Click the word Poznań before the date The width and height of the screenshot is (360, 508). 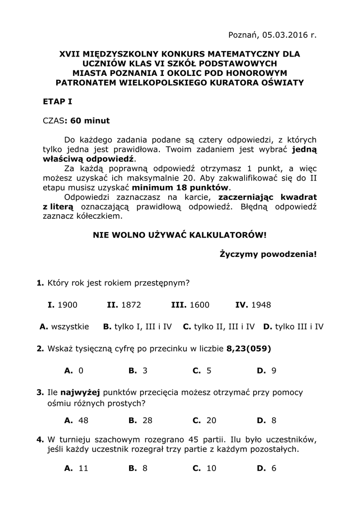tap(242, 35)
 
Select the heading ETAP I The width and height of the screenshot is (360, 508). tap(58, 102)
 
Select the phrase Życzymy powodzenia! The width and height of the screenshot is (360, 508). tap(268, 254)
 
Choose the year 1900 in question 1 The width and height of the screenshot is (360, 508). tap(68, 305)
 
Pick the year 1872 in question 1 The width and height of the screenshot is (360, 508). tap(131, 305)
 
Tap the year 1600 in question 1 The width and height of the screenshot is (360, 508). tap(199, 305)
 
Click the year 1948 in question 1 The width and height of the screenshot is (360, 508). tap(261, 305)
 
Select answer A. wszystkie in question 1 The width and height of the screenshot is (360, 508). tap(64, 326)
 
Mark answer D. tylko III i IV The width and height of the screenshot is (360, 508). tap(293, 326)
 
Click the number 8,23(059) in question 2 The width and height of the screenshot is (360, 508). tap(249, 348)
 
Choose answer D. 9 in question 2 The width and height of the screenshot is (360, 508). tap(266, 370)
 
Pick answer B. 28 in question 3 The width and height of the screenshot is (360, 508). tap(141, 420)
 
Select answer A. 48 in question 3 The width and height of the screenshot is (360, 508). tap(76, 420)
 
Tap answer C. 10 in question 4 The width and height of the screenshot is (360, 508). tap(205, 468)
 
